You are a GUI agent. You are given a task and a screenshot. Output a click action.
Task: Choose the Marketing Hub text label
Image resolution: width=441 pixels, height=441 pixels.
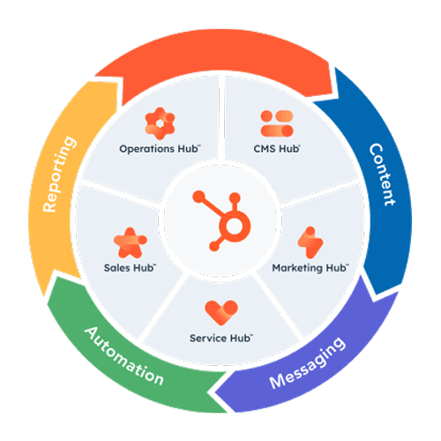point(309,266)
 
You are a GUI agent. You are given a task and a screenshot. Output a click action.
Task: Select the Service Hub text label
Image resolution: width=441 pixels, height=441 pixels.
point(220,338)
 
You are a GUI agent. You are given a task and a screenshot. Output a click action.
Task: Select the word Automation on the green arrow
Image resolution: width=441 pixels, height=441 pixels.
point(124,356)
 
